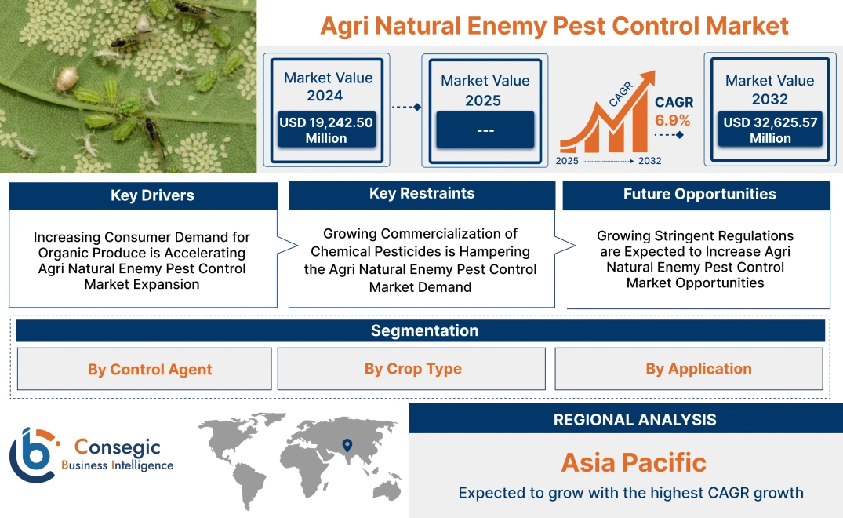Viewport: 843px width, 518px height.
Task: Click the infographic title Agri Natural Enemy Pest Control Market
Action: point(554,25)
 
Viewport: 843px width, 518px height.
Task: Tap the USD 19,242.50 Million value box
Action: point(325,130)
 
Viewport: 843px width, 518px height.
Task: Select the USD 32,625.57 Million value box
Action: point(769,130)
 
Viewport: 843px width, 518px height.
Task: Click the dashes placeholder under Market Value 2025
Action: point(485,129)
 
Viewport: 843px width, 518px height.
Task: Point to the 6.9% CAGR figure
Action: point(673,120)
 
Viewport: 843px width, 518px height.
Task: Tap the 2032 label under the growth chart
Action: point(649,161)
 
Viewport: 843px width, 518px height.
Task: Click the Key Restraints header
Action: point(422,194)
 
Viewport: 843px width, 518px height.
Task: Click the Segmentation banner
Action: point(424,330)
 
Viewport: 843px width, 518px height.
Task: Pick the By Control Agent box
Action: point(150,369)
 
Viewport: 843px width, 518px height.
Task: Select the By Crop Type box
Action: point(412,369)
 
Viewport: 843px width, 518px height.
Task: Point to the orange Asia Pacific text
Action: point(634,462)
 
